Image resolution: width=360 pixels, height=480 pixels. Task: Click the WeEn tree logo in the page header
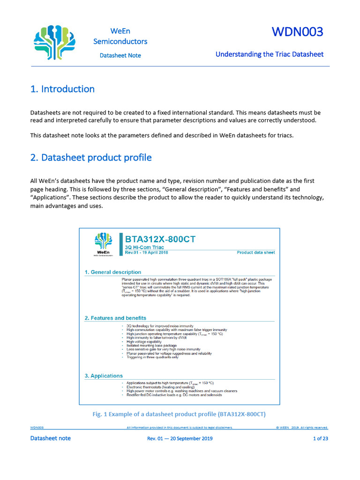[x=55, y=43]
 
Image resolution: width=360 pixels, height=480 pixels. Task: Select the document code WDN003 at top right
[x=298, y=32]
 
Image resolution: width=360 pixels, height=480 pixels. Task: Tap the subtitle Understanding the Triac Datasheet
[x=270, y=54]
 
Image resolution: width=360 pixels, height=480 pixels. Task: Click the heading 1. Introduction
[x=62, y=89]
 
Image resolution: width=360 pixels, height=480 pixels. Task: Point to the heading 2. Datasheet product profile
[x=91, y=157]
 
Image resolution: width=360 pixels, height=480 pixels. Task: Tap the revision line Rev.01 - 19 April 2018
[x=146, y=252]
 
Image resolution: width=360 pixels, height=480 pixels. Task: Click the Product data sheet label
[x=256, y=253]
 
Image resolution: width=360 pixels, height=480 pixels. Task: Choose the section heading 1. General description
[x=113, y=272]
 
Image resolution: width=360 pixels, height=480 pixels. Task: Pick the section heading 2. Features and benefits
[x=115, y=318]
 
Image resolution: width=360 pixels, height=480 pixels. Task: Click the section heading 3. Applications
[x=104, y=375]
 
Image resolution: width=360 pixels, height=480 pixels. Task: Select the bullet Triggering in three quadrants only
[x=153, y=357]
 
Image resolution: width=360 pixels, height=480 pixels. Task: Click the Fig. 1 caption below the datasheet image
[x=180, y=414]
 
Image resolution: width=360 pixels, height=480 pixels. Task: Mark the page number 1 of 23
[x=320, y=439]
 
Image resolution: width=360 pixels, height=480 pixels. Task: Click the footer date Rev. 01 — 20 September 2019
[x=180, y=439]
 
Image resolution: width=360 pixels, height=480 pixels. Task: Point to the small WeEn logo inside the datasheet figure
[x=103, y=245]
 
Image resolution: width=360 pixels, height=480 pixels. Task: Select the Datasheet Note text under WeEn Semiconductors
[x=120, y=55]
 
